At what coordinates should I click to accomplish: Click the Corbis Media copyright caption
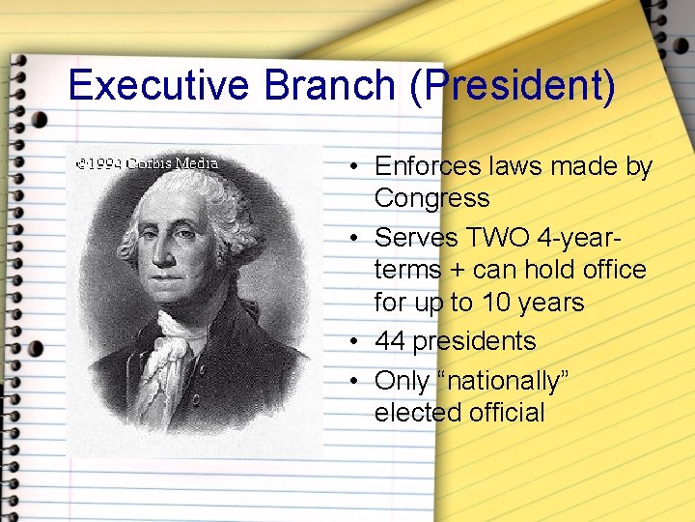[147, 163]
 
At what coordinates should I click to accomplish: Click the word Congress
[431, 198]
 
